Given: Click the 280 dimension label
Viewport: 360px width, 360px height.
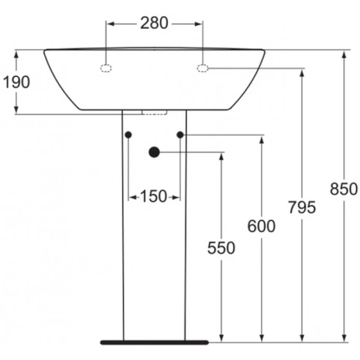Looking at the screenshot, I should [155, 23].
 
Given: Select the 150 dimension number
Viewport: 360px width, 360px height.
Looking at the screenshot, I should [154, 196].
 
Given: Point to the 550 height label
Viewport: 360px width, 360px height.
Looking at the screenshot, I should [221, 247].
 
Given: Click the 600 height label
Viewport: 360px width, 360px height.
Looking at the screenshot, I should [262, 226].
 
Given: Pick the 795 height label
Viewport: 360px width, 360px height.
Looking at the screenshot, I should [302, 207].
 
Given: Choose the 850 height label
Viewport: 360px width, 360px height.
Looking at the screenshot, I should [344, 189].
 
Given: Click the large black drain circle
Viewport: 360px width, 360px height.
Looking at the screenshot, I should [154, 152].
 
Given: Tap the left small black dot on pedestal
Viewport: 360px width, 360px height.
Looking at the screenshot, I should [128, 135].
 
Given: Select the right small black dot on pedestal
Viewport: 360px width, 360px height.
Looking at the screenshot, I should [180, 135].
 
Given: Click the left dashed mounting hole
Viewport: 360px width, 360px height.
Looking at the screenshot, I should [106, 68].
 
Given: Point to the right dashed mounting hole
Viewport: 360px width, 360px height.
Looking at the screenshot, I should [203, 68].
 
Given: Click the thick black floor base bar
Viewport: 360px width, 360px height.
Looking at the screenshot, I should [154, 342].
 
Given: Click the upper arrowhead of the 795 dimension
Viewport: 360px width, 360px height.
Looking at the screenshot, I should [302, 73].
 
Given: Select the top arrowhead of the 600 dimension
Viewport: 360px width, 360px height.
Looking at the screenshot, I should [262, 140].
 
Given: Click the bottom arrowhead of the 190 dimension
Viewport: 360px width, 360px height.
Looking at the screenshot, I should [16, 109].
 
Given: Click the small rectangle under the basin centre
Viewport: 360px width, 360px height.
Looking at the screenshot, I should [154, 112].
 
